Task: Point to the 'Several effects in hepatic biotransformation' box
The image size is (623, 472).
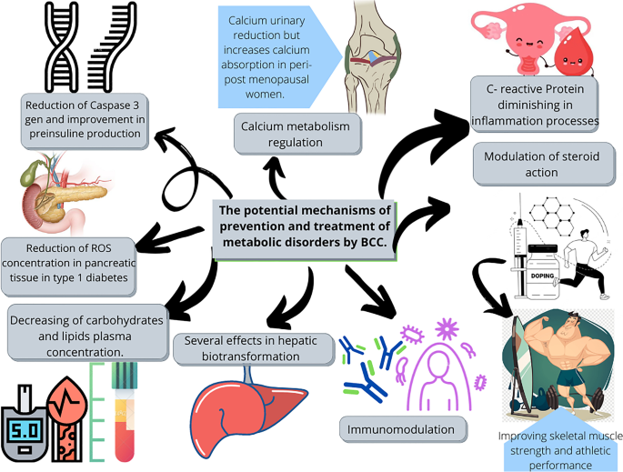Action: [x=248, y=347]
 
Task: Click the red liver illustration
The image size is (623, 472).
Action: [x=242, y=409]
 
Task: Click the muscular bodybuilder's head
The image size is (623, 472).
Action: [x=556, y=326]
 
